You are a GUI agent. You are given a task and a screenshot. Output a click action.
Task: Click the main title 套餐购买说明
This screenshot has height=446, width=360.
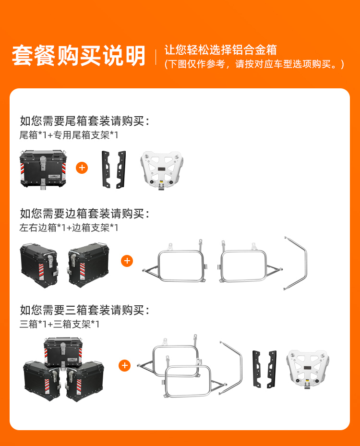(79, 56)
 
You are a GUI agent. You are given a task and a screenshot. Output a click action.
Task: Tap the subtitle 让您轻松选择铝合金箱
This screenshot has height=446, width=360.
(221, 50)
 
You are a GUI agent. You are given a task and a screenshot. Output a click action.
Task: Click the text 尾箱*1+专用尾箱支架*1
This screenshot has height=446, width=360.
(69, 135)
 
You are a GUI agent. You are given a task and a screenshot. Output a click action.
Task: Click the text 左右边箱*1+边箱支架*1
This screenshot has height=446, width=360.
(69, 227)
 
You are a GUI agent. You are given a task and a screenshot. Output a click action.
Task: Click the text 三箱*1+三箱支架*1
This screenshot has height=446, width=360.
(60, 324)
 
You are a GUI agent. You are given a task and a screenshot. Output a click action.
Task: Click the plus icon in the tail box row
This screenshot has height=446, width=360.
(82, 168)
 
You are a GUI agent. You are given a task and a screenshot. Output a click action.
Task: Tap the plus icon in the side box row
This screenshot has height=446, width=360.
(127, 261)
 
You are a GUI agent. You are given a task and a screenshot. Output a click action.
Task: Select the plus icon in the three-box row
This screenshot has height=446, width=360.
(124, 365)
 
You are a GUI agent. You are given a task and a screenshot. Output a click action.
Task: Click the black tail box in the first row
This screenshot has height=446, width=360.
(43, 169)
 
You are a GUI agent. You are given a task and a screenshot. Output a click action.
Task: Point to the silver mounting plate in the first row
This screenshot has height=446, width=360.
(162, 170)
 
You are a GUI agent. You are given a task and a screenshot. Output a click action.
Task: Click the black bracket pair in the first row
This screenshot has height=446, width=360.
(114, 169)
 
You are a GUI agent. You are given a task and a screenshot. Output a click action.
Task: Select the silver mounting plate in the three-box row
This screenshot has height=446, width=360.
(308, 370)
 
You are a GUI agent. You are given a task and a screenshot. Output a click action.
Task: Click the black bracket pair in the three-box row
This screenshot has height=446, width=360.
(264, 369)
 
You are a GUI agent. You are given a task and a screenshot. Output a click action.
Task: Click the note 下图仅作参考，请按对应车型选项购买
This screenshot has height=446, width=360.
(254, 64)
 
